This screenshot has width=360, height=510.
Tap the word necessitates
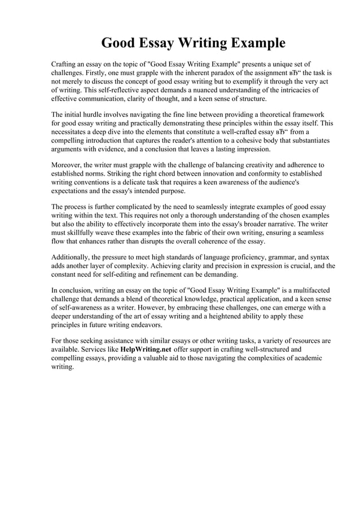tap(72, 131)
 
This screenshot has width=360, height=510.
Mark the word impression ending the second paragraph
tap(252, 149)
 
